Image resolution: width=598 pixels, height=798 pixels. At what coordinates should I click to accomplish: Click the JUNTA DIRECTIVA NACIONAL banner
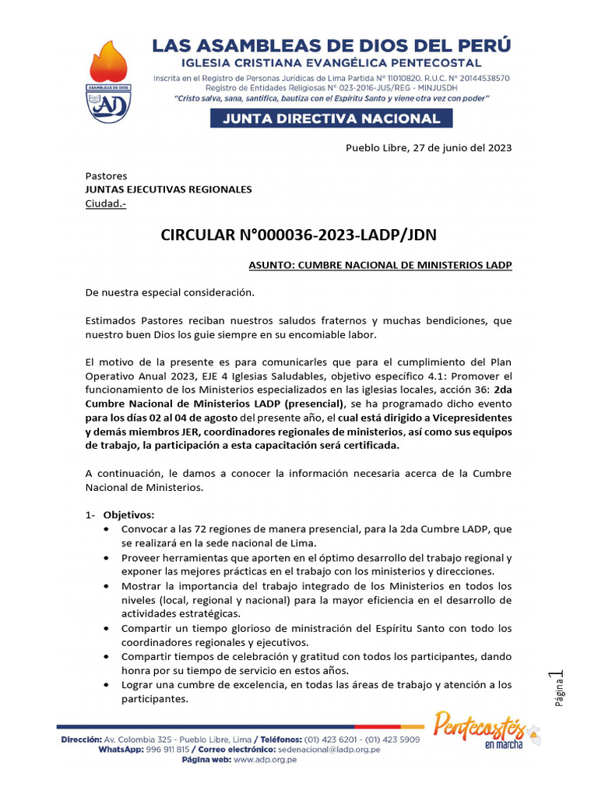pos(330,118)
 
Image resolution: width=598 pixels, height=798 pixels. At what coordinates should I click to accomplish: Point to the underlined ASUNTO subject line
pos(380,266)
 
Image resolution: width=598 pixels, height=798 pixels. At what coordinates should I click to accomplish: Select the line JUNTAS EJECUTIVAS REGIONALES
pos(168,189)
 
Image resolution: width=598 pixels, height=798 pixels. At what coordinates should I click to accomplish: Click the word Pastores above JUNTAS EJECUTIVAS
pos(106,176)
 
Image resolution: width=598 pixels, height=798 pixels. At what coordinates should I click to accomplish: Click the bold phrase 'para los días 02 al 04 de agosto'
pos(160,417)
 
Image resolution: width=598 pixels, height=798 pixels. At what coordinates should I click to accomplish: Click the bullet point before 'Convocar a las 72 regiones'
pos(106,529)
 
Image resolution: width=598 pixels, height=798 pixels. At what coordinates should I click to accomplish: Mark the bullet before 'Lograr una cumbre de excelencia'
pos(106,685)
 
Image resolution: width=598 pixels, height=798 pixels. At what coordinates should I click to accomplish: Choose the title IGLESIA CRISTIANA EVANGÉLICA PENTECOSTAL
pos(331,63)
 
